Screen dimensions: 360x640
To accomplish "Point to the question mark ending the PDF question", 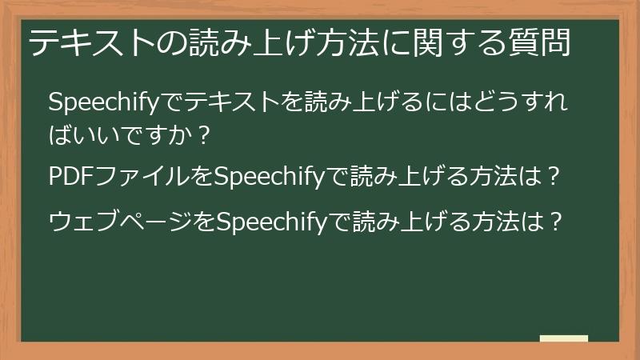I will (550, 175).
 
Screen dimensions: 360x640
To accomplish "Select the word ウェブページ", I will (120, 218).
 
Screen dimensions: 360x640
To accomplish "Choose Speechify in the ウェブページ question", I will (273, 218).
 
